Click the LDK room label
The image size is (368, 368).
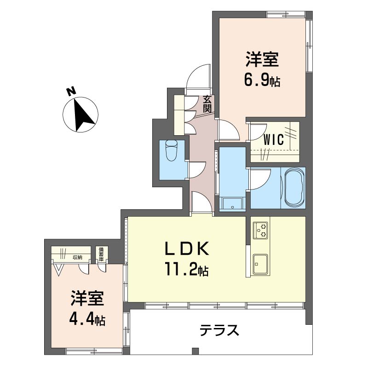coord(188,249)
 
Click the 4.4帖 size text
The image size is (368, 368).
coord(87,318)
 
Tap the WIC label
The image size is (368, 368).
coord(273,140)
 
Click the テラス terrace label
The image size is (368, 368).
coord(219,330)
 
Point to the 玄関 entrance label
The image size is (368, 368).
coord(207,104)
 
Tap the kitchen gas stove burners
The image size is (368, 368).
coord(261,230)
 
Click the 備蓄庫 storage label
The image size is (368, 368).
coord(100,254)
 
